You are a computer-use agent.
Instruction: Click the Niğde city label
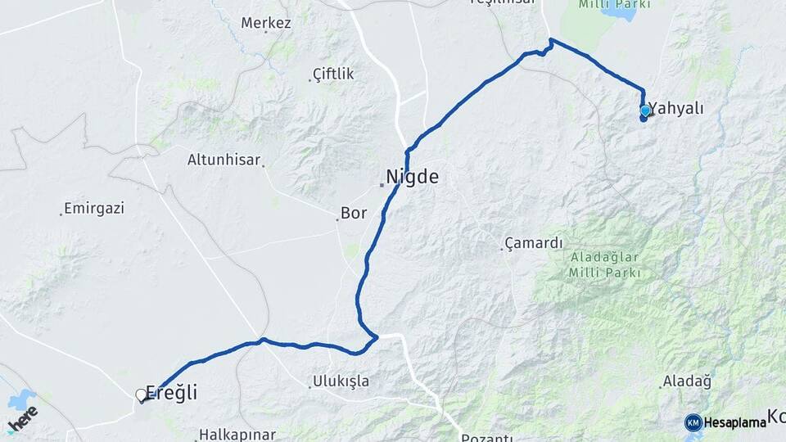point(412,176)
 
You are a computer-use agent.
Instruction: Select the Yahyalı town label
point(676,109)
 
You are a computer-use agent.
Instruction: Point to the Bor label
point(353,214)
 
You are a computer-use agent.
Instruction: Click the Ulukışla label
point(341,381)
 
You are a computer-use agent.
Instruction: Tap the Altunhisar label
point(224,160)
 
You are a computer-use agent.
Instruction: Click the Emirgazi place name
point(93,209)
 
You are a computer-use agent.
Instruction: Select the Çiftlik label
point(333,74)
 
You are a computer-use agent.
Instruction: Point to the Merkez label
point(266,23)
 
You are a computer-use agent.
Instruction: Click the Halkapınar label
point(237,435)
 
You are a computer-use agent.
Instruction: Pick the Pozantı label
point(486,438)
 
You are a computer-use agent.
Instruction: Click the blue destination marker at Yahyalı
point(645,110)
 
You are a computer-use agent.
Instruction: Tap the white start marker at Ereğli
point(141,395)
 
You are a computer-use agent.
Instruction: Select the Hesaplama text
point(734,422)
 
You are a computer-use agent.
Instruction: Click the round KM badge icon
point(693,422)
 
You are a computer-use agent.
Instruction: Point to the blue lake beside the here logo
point(20,400)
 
